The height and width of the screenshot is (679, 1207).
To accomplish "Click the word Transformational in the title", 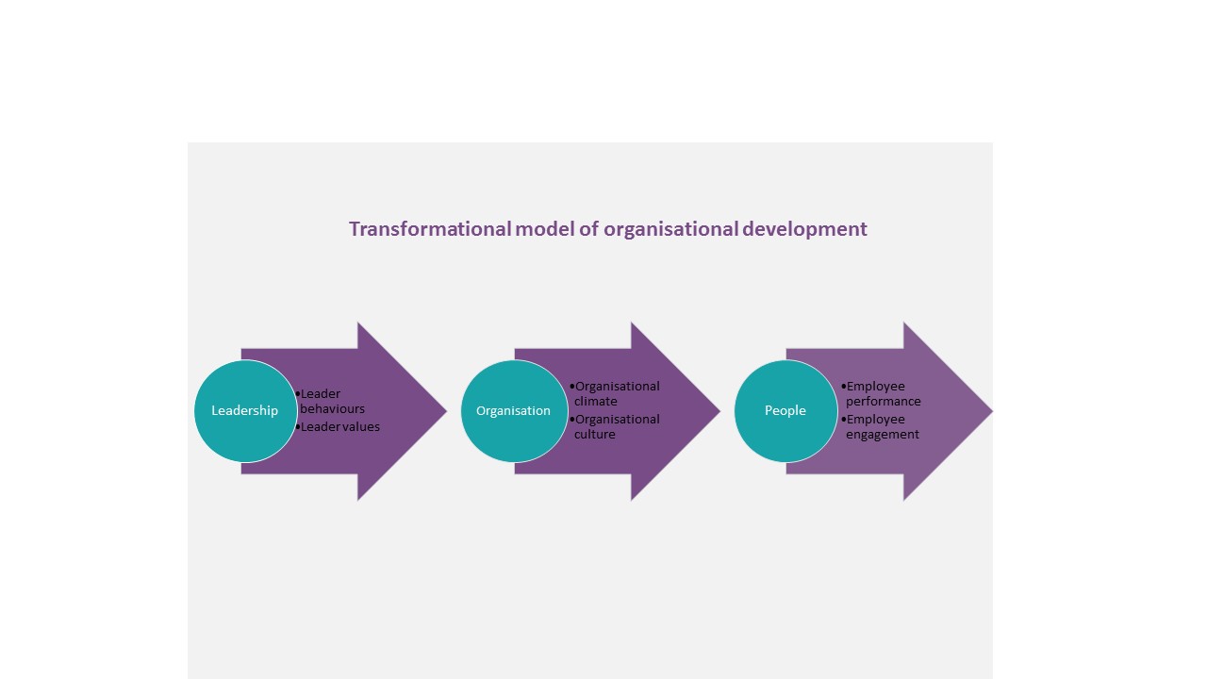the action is click(430, 229).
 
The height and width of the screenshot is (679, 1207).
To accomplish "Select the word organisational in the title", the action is click(670, 230).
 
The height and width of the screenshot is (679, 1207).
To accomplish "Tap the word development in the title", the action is click(805, 230).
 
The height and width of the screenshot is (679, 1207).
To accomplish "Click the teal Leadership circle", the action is click(246, 410).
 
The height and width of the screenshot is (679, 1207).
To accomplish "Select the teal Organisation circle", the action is click(514, 410).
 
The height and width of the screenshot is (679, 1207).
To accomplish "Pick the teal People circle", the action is click(786, 410).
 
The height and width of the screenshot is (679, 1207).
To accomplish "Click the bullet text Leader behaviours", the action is click(331, 402).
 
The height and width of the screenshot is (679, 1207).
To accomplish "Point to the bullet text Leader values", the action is click(339, 427).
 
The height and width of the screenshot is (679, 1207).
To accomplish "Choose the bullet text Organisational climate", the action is click(615, 394).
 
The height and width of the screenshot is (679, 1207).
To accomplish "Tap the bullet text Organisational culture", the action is click(615, 427).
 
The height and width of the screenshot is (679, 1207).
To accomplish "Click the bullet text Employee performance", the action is click(881, 394).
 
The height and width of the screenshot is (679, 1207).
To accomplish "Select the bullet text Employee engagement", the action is click(881, 427).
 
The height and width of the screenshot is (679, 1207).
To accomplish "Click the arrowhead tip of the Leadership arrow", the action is click(447, 411).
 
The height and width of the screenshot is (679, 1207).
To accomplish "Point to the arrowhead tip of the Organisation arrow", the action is click(719, 411).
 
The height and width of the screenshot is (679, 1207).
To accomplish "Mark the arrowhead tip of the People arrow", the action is click(992, 411).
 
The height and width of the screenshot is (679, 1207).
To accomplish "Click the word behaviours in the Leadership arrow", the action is click(333, 409).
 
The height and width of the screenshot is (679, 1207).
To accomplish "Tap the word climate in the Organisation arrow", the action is click(595, 402).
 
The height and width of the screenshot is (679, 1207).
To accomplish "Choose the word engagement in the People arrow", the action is click(883, 435).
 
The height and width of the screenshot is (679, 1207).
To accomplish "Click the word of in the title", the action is click(589, 229).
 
